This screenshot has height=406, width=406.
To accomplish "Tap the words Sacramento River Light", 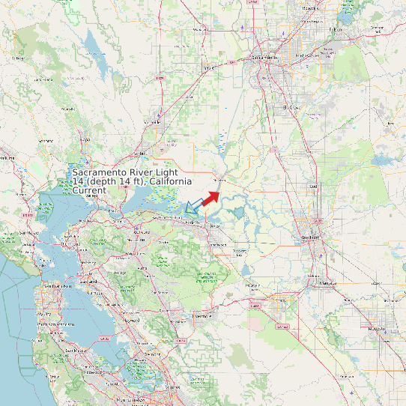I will (x=125, y=172).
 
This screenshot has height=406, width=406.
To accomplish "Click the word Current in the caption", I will (x=89, y=191).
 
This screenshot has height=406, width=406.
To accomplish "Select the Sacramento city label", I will (x=264, y=57).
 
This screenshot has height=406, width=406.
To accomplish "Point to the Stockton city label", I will (x=309, y=237).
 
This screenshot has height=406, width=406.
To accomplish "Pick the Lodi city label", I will (x=313, y=186).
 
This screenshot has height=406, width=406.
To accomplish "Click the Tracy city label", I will (x=252, y=285).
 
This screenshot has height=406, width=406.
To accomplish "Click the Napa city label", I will (x=85, y=139).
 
